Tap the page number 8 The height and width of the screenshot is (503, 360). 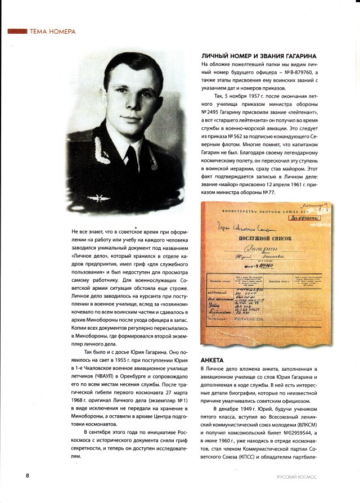11,476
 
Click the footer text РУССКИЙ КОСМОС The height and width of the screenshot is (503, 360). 298,477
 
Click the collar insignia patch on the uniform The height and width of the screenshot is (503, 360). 168,152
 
